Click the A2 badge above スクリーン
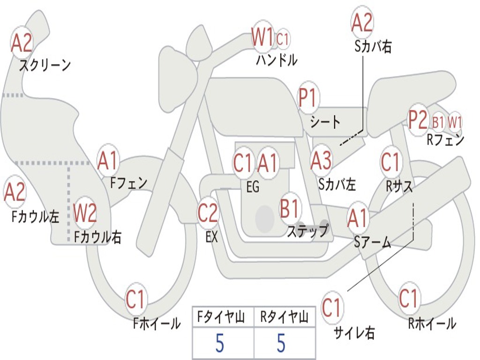[22, 43]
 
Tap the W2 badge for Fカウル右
[85, 213]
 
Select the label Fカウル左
[36, 216]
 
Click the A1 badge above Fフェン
[108, 161]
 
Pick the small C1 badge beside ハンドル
[283, 39]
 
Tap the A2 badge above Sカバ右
[362, 22]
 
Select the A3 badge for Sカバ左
[322, 161]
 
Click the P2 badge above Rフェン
[418, 120]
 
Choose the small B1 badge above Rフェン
[438, 122]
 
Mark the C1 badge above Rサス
[390, 163]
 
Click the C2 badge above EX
[208, 213]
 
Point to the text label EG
[253, 187]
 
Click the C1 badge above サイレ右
[332, 308]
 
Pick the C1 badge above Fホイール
[136, 300]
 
